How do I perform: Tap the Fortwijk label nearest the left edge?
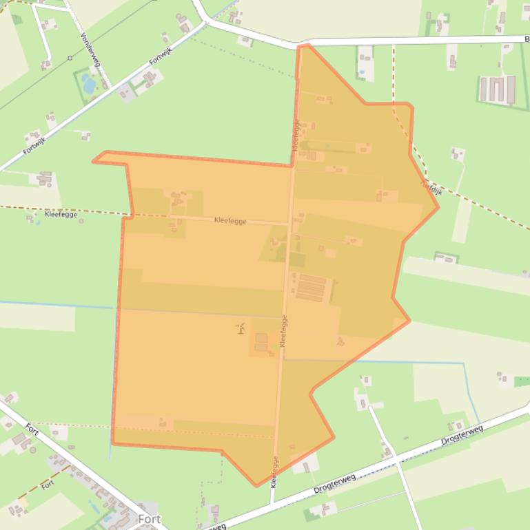(x=33, y=145)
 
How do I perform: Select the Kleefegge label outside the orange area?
(x=61, y=214)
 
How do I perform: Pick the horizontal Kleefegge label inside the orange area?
(x=231, y=221)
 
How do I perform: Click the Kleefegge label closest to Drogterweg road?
(x=274, y=472)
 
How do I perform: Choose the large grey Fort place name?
(x=149, y=518)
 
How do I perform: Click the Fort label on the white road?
(x=32, y=429)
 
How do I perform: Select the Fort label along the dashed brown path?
(x=47, y=485)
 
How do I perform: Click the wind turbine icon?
(x=241, y=328)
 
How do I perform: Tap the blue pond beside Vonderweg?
(x=89, y=85)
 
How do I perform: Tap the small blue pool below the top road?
(x=360, y=72)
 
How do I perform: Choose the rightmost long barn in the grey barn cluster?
(x=511, y=89)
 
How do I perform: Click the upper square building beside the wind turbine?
(x=261, y=338)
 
